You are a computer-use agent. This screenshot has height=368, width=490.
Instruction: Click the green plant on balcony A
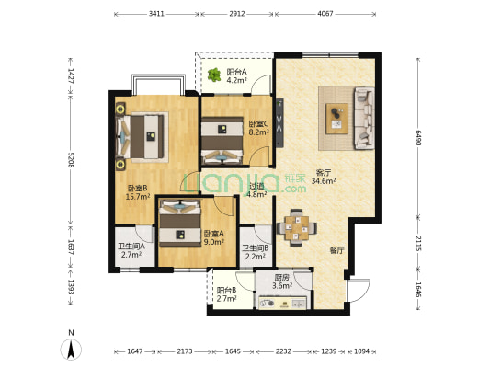tap(214, 75)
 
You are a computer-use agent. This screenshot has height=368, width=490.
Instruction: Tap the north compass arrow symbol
tap(72, 349)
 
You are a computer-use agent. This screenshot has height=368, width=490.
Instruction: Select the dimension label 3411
tap(156, 14)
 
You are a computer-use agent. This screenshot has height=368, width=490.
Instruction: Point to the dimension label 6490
tap(418, 138)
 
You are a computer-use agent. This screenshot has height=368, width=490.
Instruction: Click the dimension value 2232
tap(283, 351)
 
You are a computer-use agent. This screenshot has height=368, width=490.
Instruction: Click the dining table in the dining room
tap(297, 228)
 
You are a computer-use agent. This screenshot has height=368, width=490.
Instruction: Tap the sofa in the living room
tap(364, 118)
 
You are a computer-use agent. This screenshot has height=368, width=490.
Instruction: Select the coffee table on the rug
tap(336, 119)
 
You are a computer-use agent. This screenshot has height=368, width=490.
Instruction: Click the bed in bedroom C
tap(222, 141)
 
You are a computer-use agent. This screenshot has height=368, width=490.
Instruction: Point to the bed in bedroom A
tap(180, 224)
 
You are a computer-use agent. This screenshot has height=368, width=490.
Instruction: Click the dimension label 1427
tap(71, 76)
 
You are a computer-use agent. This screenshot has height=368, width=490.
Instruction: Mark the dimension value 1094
tap(361, 351)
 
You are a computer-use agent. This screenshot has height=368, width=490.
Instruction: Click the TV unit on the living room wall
tap(279, 123)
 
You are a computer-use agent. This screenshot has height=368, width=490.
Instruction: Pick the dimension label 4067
tap(325, 14)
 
